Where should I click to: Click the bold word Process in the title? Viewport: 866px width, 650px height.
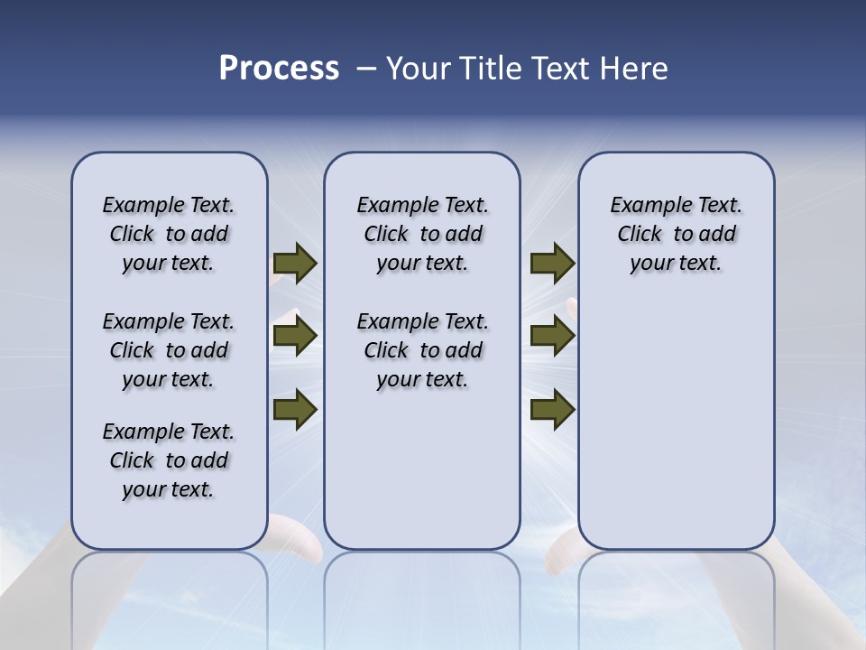(279, 69)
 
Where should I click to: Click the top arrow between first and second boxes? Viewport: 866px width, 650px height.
(294, 263)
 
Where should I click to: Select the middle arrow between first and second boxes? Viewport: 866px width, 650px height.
(294, 336)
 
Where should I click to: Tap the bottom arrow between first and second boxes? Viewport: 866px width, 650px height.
(294, 409)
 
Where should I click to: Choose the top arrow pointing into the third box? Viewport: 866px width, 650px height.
(552, 263)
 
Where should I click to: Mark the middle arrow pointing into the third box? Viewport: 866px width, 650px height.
(552, 336)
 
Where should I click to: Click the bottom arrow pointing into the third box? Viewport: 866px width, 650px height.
(552, 409)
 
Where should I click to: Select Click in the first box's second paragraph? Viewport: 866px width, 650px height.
(132, 350)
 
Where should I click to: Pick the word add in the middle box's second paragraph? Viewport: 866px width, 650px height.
(464, 350)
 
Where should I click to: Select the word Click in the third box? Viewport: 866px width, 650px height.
(640, 235)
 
